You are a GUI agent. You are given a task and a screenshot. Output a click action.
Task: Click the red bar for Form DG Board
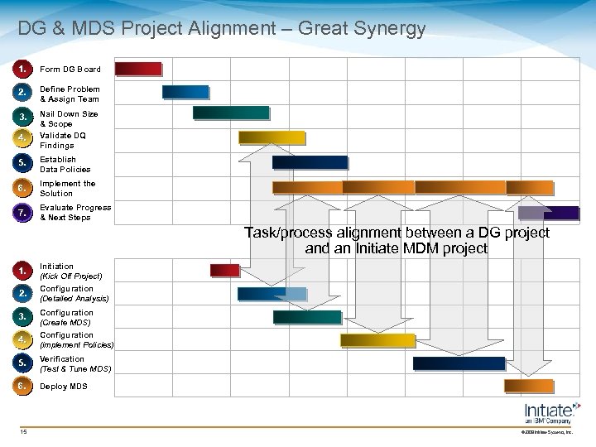(137, 69)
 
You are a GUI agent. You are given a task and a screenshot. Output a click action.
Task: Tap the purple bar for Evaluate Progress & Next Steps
(560, 213)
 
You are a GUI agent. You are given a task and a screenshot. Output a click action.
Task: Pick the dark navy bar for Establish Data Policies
(310, 162)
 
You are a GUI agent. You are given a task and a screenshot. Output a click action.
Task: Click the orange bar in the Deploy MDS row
(529, 387)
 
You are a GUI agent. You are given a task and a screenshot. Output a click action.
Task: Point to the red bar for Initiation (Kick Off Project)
(224, 270)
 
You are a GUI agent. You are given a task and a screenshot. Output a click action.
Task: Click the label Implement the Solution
(68, 189)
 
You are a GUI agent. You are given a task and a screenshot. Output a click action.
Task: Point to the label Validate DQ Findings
(63, 140)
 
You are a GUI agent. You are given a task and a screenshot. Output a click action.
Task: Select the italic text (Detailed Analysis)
(74, 298)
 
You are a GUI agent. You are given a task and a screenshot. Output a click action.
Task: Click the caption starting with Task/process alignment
(397, 240)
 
